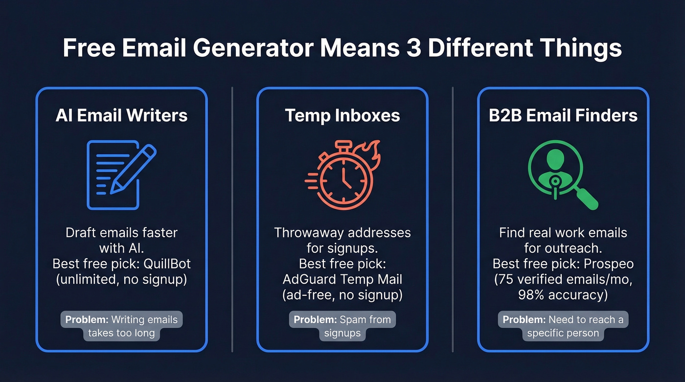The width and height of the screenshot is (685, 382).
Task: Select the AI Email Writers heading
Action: tap(121, 115)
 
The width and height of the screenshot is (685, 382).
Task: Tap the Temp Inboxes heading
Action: tap(342, 115)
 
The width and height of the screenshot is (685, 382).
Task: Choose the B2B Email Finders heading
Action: tap(563, 115)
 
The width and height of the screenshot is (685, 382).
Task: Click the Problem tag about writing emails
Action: tap(121, 326)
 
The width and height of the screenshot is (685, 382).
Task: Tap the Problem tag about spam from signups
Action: tap(342, 326)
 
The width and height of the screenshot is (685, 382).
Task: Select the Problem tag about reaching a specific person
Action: tap(563, 326)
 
